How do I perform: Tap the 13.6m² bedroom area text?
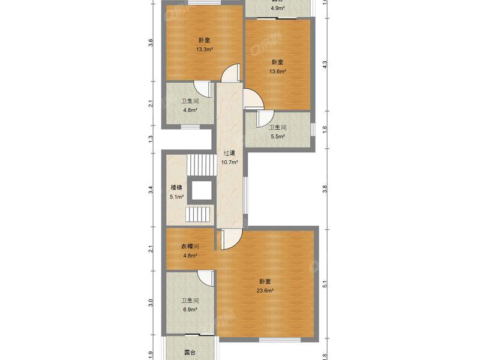click(277, 71)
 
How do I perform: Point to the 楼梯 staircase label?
click(176, 188)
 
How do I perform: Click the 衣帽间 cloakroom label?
click(190, 247)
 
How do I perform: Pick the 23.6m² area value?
click(265, 291)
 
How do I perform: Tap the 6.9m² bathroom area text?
click(190, 310)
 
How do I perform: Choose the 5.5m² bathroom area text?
click(277, 136)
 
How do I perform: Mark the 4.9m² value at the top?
click(277, 8)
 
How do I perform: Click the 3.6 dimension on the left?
click(151, 43)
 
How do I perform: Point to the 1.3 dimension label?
click(151, 139)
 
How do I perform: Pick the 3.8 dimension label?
click(325, 188)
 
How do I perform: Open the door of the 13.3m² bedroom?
click(229, 73)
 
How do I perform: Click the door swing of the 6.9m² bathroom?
click(206, 278)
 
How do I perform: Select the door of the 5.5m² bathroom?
click(264, 119)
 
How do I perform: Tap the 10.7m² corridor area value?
click(229, 162)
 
